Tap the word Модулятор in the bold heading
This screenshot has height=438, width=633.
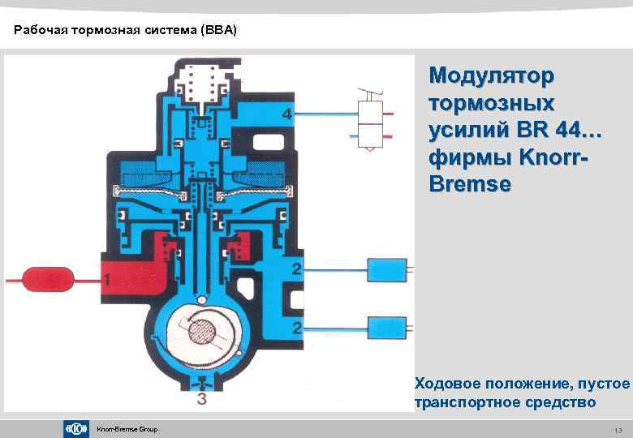492,76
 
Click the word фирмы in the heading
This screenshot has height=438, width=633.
464,157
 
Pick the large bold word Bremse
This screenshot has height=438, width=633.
470,184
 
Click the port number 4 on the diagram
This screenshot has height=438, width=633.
286,114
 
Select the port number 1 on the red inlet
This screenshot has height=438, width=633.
106,279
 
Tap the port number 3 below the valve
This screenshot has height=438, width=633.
200,398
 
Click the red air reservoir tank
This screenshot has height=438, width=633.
49,279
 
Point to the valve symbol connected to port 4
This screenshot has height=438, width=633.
370,118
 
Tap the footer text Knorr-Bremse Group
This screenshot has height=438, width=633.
127,429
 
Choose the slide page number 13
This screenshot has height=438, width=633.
618,429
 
